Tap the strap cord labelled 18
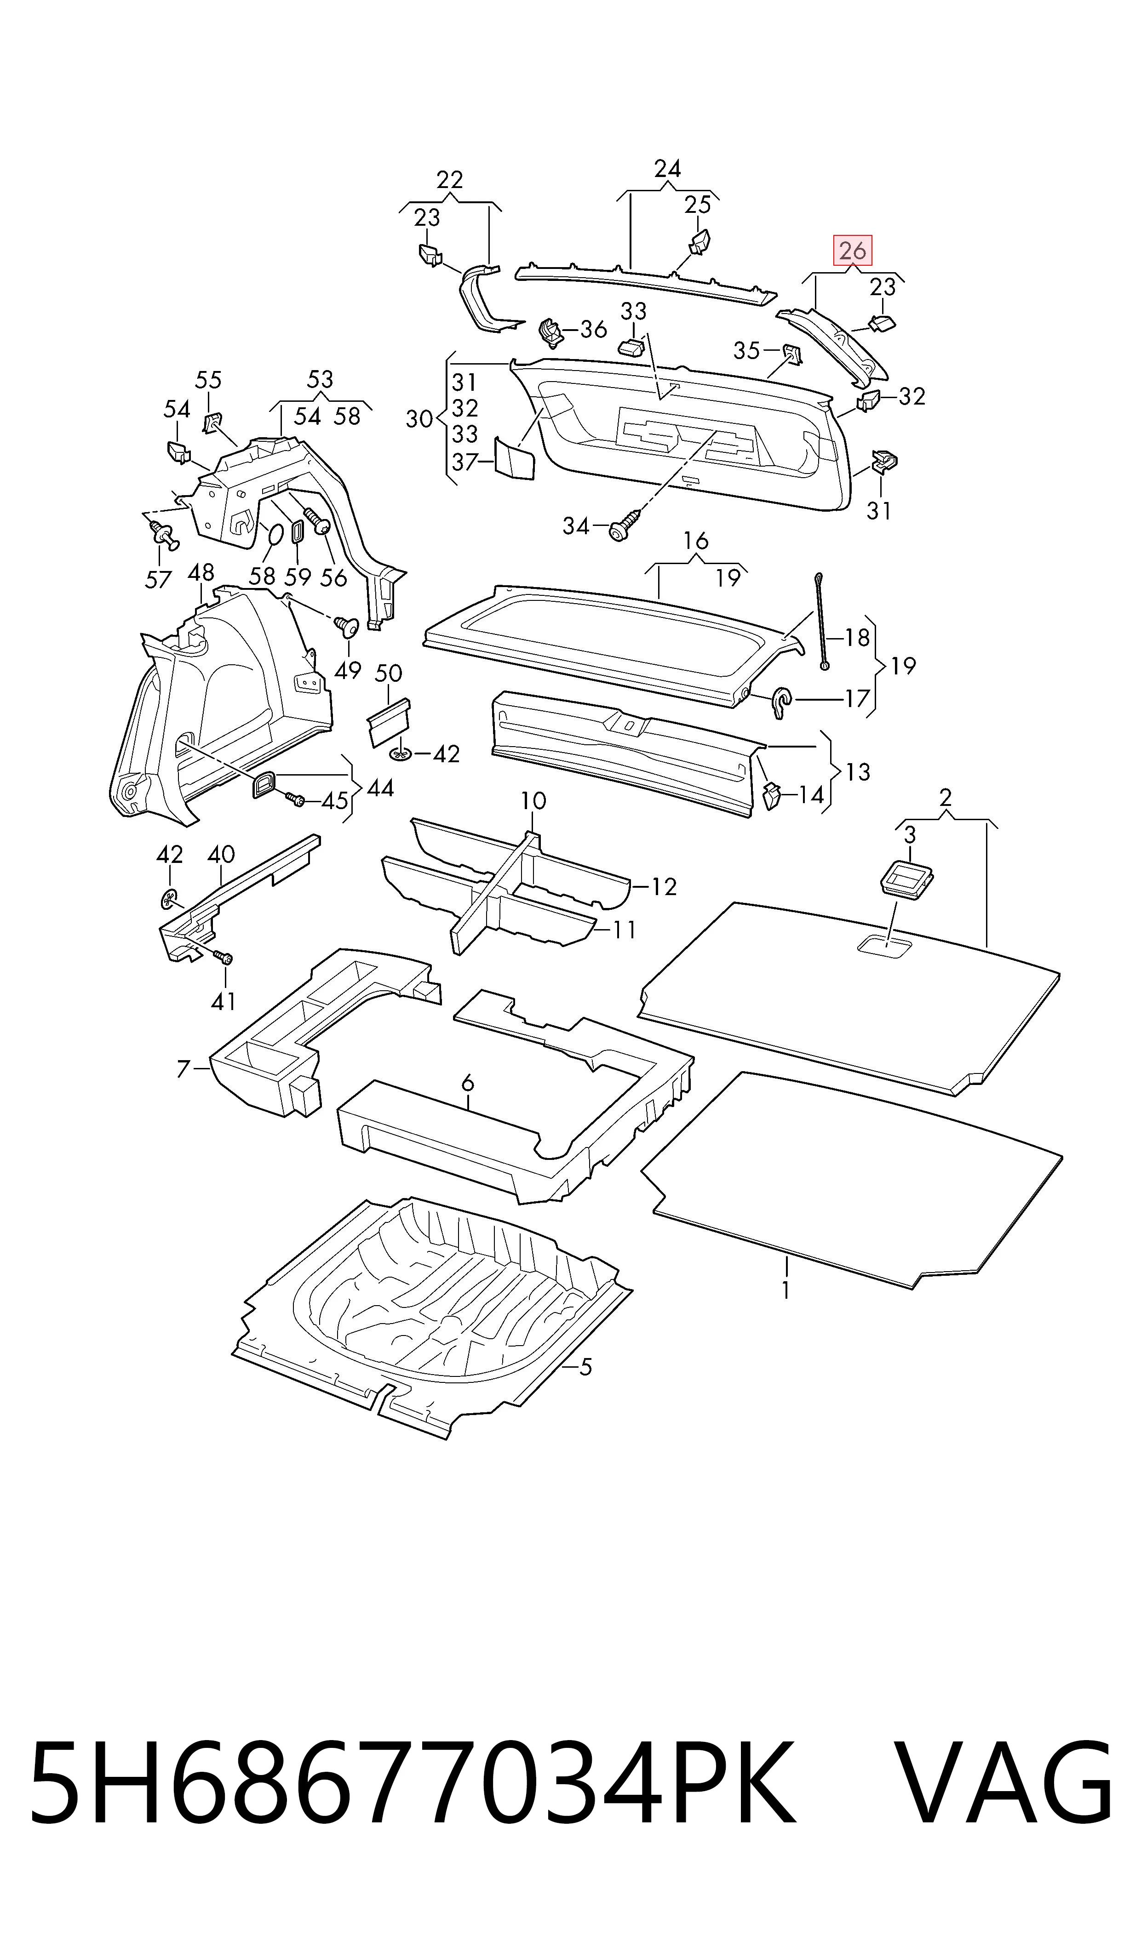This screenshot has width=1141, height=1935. [822, 621]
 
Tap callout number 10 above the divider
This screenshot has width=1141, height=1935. [533, 801]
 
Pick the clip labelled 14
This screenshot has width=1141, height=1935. [772, 796]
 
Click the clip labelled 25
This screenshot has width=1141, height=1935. [699, 242]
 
